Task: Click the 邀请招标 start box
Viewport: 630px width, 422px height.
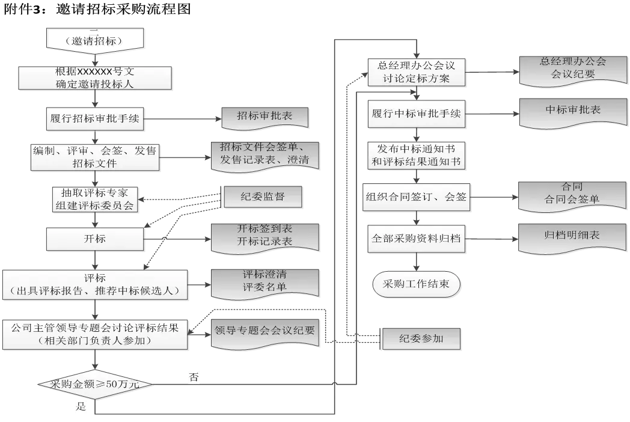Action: [95, 40]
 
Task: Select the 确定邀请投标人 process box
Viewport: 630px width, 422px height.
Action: [94, 78]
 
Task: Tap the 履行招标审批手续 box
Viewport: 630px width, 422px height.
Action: [94, 118]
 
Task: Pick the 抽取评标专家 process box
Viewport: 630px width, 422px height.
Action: [94, 199]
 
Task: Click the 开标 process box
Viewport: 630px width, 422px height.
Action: [94, 239]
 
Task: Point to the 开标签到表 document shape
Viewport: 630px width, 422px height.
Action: [265, 236]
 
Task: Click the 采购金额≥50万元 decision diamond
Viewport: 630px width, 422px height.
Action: [94, 384]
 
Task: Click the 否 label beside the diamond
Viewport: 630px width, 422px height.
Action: [194, 378]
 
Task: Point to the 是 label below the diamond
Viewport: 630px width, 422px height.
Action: [81, 406]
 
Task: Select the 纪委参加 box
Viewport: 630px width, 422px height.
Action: [421, 339]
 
